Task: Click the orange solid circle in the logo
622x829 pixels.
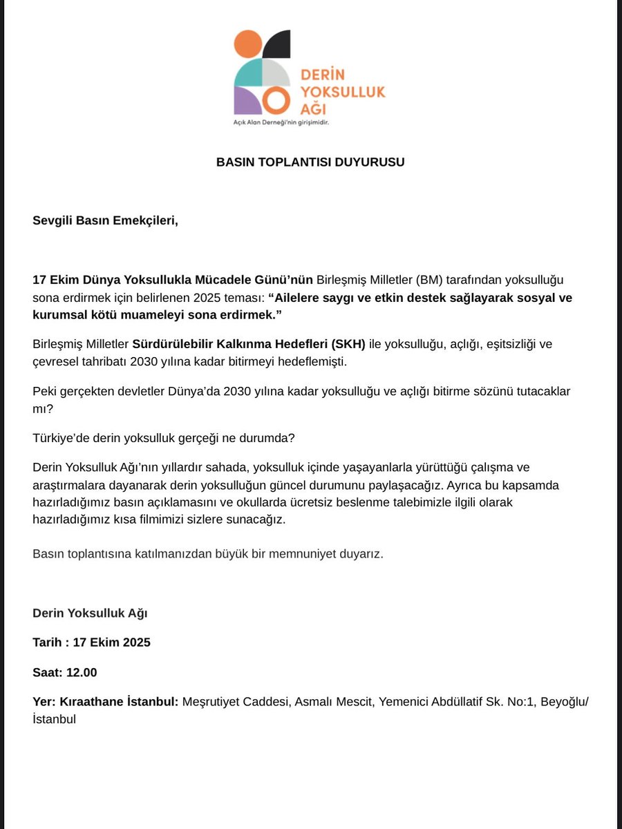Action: pyautogui.click(x=248, y=46)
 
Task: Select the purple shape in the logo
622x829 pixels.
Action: pyautogui.click(x=247, y=100)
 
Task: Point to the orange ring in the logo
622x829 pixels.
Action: pyautogui.click(x=274, y=102)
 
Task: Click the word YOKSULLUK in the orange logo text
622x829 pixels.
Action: pyautogui.click(x=343, y=91)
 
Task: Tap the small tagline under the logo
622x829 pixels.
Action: pyautogui.click(x=280, y=122)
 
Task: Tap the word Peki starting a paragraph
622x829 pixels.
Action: pyautogui.click(x=45, y=392)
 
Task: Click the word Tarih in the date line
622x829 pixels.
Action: pyautogui.click(x=48, y=642)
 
